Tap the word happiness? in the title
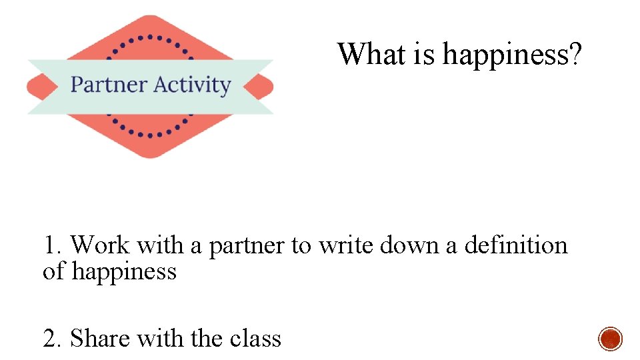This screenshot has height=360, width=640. click(x=512, y=55)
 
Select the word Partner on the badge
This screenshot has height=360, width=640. click(x=108, y=85)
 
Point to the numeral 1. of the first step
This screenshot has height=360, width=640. click(x=53, y=245)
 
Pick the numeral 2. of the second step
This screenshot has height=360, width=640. click(x=53, y=339)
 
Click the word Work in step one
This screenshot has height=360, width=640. click(x=99, y=245)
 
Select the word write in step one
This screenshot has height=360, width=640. click(x=346, y=245)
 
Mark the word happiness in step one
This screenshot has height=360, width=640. click(x=124, y=272)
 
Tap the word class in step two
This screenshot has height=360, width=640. click(x=255, y=339)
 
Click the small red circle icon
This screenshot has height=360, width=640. click(x=610, y=339)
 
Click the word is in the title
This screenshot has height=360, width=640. click(x=424, y=53)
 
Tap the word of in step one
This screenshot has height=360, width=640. click(x=54, y=272)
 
